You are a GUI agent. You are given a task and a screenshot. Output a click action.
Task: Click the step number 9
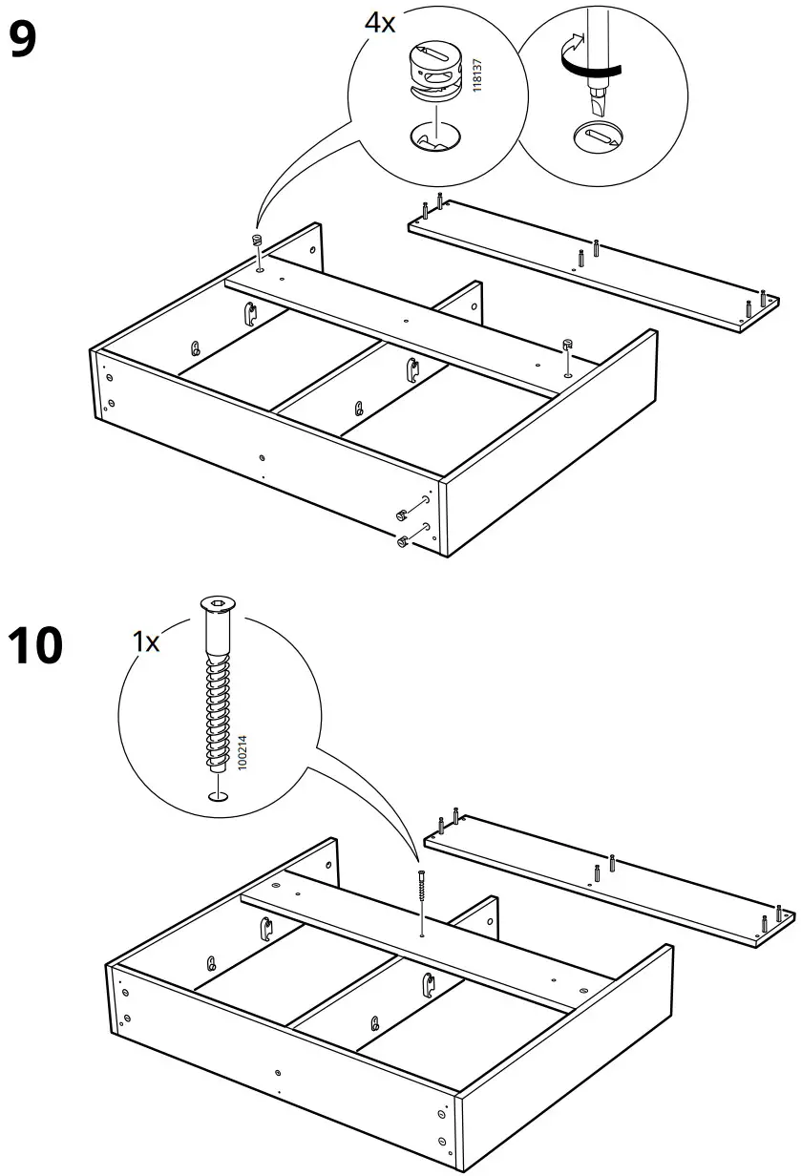click(x=23, y=40)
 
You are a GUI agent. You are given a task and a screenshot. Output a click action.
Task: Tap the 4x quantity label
click(x=380, y=24)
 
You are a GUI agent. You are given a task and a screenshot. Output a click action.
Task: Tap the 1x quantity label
click(x=146, y=641)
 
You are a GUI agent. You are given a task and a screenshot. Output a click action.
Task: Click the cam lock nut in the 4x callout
click(x=435, y=69)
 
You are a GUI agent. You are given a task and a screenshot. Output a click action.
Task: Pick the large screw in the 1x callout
click(x=218, y=687)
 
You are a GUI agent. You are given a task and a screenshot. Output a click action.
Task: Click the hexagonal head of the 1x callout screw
click(x=219, y=603)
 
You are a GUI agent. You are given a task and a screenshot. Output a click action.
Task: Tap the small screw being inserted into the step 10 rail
click(x=420, y=892)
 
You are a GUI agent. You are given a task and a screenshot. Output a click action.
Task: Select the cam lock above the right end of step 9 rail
click(x=566, y=344)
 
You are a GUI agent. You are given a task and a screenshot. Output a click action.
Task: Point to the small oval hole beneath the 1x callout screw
click(x=219, y=797)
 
